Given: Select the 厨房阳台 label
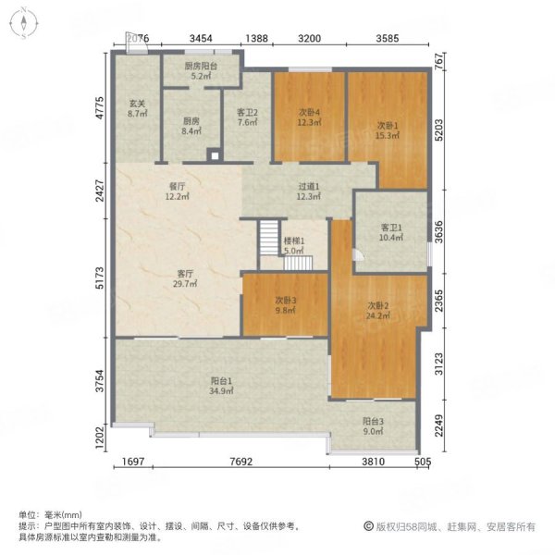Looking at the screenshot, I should tap(201, 71).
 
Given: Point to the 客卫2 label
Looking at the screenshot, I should tap(247, 115).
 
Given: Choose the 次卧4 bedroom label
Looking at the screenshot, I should tap(309, 117).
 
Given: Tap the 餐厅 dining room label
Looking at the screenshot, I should tap(177, 191).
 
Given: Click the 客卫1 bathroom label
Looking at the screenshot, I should tap(392, 232).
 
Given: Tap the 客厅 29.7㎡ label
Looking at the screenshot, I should tap(185, 279).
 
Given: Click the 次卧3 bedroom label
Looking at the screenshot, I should tap(285, 305).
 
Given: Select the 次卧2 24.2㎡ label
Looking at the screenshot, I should tap(376, 311).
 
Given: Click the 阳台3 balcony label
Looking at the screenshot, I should tap(373, 427).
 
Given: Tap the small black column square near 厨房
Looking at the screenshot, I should tap(213, 155).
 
